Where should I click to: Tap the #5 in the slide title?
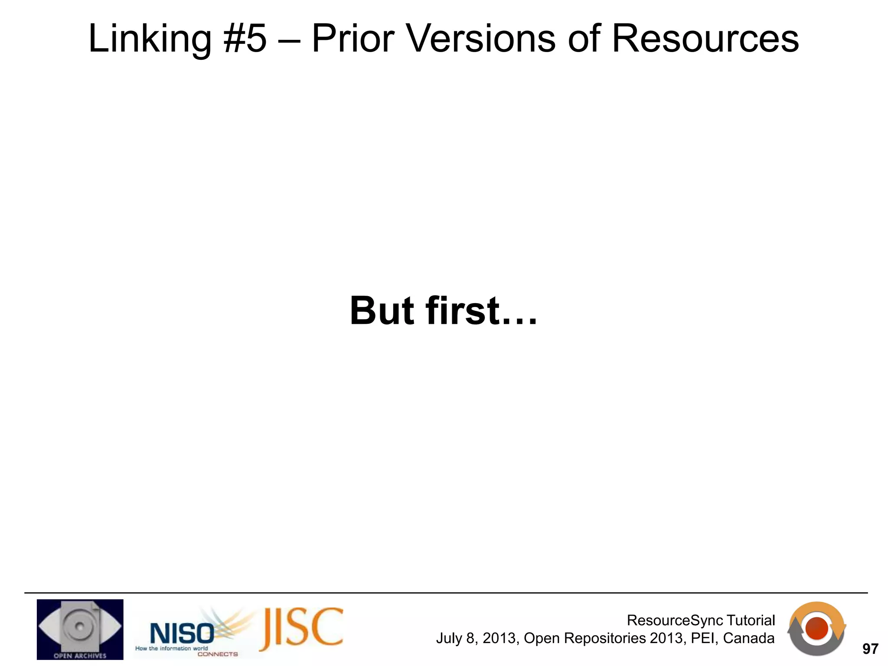(245, 39)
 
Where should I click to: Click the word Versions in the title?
(481, 39)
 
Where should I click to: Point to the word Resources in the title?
(705, 39)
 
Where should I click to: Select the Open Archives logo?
(80, 629)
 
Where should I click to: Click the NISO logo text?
(181, 633)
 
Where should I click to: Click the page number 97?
(870, 649)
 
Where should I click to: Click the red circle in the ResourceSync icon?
(817, 628)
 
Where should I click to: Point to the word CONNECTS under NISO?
(218, 654)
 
